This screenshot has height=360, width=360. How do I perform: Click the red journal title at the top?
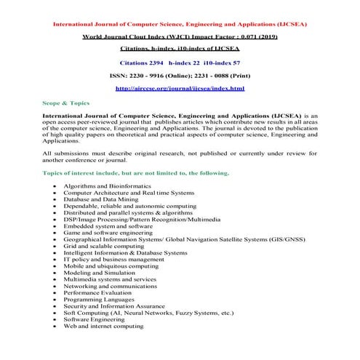pos(180,23)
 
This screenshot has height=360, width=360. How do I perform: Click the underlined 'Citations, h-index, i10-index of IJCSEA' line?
pos(180,49)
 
